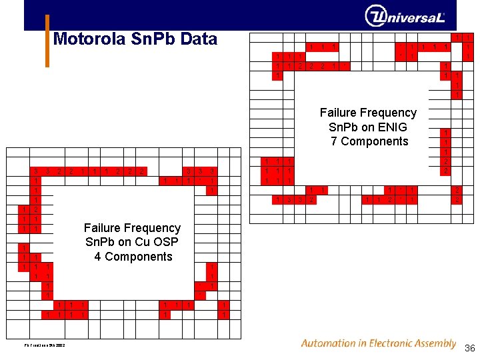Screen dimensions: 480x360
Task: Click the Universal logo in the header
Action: (405, 16)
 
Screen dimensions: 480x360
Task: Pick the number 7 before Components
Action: (334, 141)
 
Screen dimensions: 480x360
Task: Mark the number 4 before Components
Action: (98, 257)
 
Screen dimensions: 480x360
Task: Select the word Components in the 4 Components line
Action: (139, 257)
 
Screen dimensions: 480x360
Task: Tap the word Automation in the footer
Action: (329, 343)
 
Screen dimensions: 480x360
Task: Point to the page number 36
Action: (469, 348)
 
